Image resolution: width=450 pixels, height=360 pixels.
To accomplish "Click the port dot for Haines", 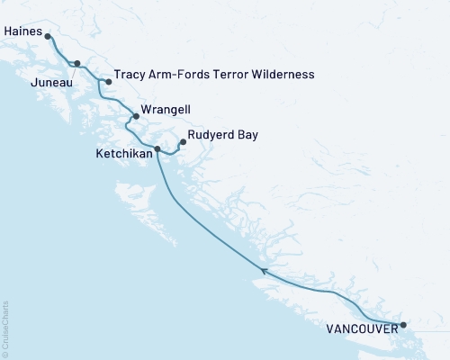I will (x=48, y=37).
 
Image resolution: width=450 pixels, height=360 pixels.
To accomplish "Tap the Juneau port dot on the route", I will (x=77, y=64).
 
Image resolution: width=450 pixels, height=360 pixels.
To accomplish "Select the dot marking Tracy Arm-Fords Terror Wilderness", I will (x=109, y=82).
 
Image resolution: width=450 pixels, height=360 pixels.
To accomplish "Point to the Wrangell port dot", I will (x=136, y=116).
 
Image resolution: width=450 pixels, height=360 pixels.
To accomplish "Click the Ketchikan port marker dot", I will (x=157, y=148).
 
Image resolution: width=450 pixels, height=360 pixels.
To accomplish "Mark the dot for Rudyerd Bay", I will (x=184, y=141).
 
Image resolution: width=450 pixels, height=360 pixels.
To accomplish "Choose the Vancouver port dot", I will (x=403, y=325).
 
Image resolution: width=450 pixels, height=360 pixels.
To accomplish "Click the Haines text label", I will (x=22, y=31).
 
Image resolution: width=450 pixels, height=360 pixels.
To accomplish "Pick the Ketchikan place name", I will (x=122, y=155).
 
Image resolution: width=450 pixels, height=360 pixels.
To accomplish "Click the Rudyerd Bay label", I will (x=223, y=135).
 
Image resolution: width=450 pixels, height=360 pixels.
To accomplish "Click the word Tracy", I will (x=130, y=75).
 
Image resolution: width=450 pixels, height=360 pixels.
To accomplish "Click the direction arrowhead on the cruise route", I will (x=263, y=270).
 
